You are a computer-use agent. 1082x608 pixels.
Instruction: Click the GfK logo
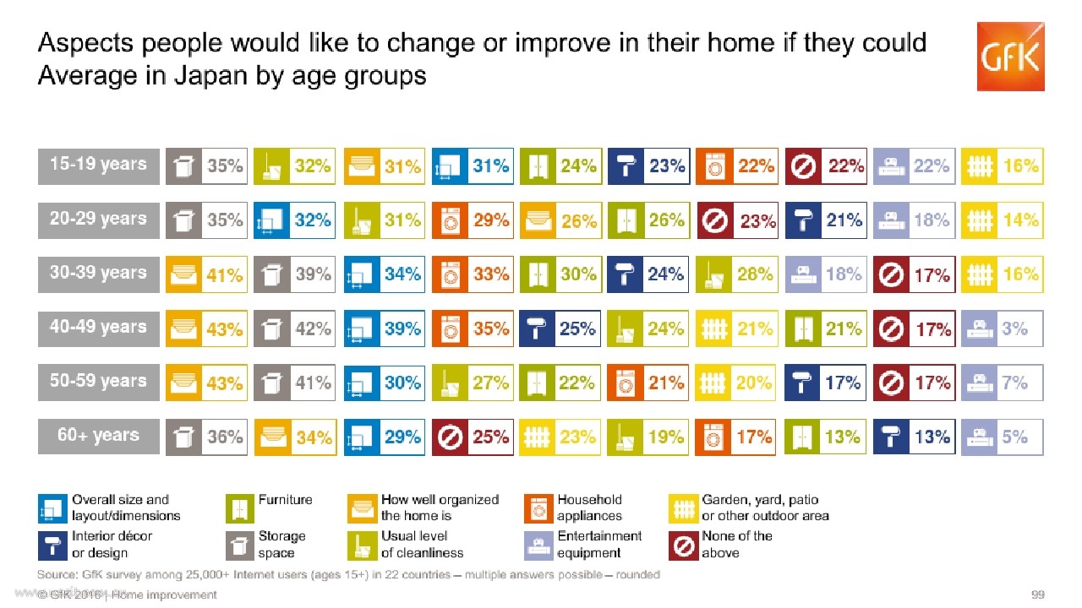(1010, 57)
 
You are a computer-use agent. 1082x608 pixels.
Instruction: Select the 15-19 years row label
(99, 166)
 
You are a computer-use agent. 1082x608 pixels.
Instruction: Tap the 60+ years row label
(99, 437)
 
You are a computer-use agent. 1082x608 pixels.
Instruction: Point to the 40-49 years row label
(99, 328)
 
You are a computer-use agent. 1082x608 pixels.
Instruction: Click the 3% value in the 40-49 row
(1014, 329)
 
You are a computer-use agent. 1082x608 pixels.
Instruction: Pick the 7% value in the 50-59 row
(1014, 383)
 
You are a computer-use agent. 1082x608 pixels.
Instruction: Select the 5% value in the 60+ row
(1014, 437)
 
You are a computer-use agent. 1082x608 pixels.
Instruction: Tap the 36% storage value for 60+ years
(225, 437)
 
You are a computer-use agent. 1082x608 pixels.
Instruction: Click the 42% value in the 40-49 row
(313, 329)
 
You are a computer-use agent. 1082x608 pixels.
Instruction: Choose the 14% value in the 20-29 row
(1020, 220)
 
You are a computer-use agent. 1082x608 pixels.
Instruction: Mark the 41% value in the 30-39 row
(225, 275)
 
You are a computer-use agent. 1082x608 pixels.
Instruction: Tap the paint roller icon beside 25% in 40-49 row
(537, 329)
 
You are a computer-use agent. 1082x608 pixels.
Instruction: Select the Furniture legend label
(285, 499)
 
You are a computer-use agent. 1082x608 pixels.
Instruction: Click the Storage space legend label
(281, 545)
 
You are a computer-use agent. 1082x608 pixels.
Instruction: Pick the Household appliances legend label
(589, 508)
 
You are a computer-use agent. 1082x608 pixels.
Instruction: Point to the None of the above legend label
(736, 545)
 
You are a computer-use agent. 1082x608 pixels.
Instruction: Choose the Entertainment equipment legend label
(599, 545)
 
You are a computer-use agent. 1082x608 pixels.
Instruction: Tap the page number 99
(1037, 594)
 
